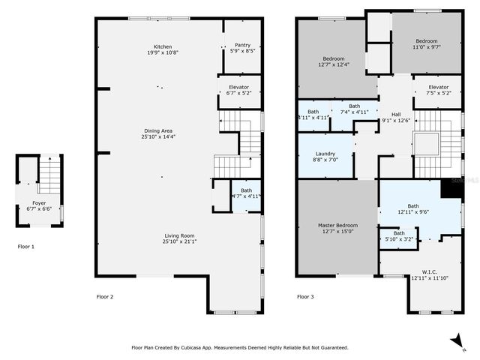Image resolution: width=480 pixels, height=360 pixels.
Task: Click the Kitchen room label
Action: click(x=163, y=46)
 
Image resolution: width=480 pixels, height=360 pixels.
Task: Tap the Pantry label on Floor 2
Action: click(x=242, y=45)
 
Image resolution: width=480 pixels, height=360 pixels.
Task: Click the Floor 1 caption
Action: click(x=26, y=246)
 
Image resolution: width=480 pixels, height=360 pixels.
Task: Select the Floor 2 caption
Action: click(x=105, y=297)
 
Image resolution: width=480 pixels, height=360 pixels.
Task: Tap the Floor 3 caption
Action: click(x=305, y=297)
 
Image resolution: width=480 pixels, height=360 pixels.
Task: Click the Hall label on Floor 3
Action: click(x=395, y=115)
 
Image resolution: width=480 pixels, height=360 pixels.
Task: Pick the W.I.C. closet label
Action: click(x=429, y=271)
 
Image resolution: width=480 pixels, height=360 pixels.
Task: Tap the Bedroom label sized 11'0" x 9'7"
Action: click(x=426, y=41)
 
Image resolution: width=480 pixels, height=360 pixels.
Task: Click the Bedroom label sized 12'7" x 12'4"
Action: click(x=333, y=58)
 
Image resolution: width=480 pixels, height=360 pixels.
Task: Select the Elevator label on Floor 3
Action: click(x=439, y=87)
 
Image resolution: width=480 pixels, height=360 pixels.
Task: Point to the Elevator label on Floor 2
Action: click(x=238, y=87)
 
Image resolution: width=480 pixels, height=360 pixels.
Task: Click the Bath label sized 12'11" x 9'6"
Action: click(x=413, y=205)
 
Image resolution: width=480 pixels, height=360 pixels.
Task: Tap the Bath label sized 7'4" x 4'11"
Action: click(x=354, y=106)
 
